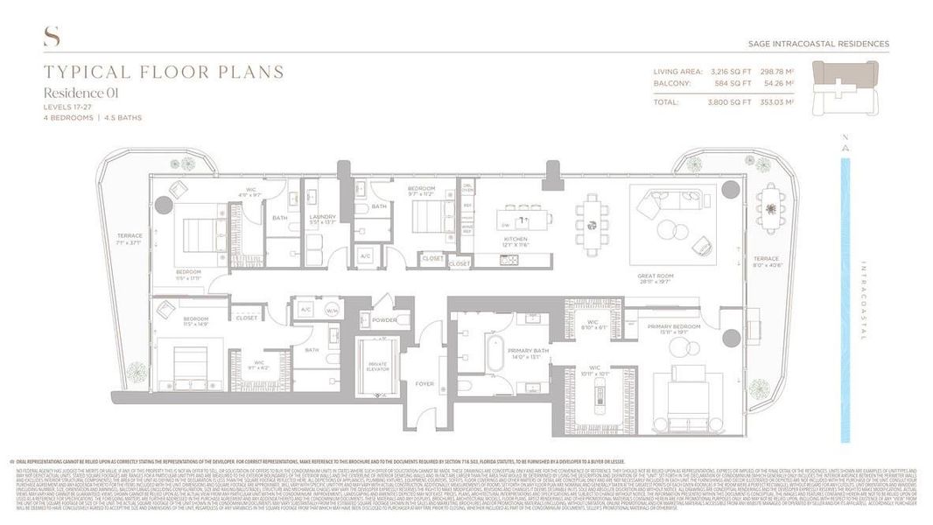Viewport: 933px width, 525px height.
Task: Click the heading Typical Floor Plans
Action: [164, 72]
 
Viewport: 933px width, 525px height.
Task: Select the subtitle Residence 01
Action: [81, 93]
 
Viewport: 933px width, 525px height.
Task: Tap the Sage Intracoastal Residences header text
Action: [818, 44]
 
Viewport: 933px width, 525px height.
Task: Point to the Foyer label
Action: [424, 383]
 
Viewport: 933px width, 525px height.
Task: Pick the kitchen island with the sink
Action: [523, 218]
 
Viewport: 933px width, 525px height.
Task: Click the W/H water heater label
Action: [333, 310]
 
